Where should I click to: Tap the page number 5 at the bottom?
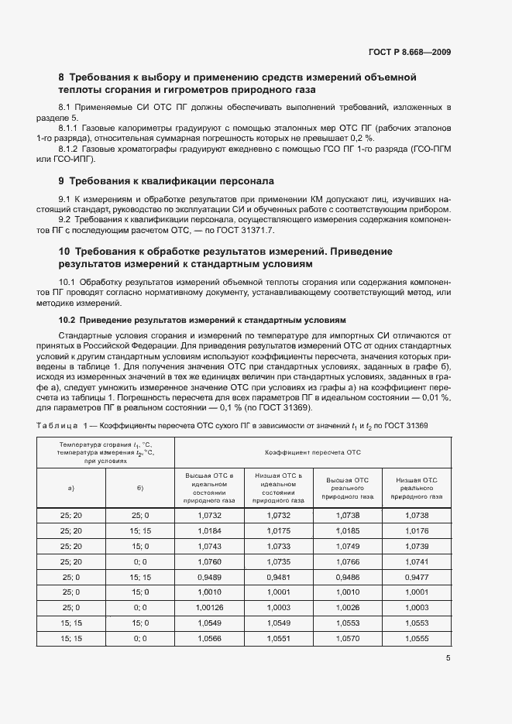point(448,658)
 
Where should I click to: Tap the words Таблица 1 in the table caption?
point(59,425)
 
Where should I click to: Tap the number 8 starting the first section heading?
point(62,77)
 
